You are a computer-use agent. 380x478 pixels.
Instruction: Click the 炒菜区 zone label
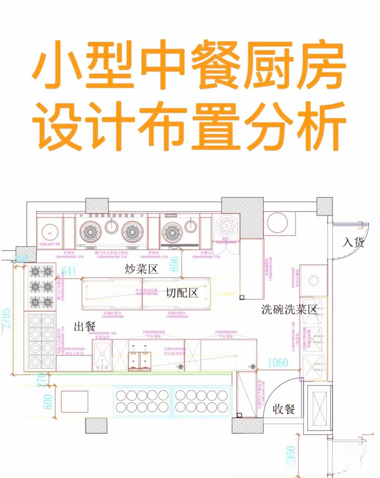click(x=141, y=269)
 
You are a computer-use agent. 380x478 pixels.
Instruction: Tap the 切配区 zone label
click(x=182, y=293)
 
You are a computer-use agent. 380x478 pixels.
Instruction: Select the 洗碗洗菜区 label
click(x=289, y=309)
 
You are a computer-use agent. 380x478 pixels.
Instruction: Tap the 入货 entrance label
click(x=353, y=242)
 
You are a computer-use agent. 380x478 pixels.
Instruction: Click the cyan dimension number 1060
click(x=278, y=362)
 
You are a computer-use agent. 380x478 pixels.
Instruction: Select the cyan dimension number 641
click(x=68, y=271)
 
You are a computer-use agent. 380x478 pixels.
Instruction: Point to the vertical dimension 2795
click(x=7, y=318)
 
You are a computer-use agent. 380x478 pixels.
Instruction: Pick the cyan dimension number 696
click(x=174, y=264)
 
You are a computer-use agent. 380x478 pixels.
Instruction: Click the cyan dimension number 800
click(x=48, y=402)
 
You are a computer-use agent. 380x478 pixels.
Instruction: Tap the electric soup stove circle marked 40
click(x=50, y=233)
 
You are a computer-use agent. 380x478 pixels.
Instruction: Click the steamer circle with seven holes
click(x=226, y=226)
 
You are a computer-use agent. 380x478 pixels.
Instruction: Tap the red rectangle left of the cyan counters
click(x=75, y=402)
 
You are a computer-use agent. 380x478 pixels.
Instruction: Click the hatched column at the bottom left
click(x=96, y=426)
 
